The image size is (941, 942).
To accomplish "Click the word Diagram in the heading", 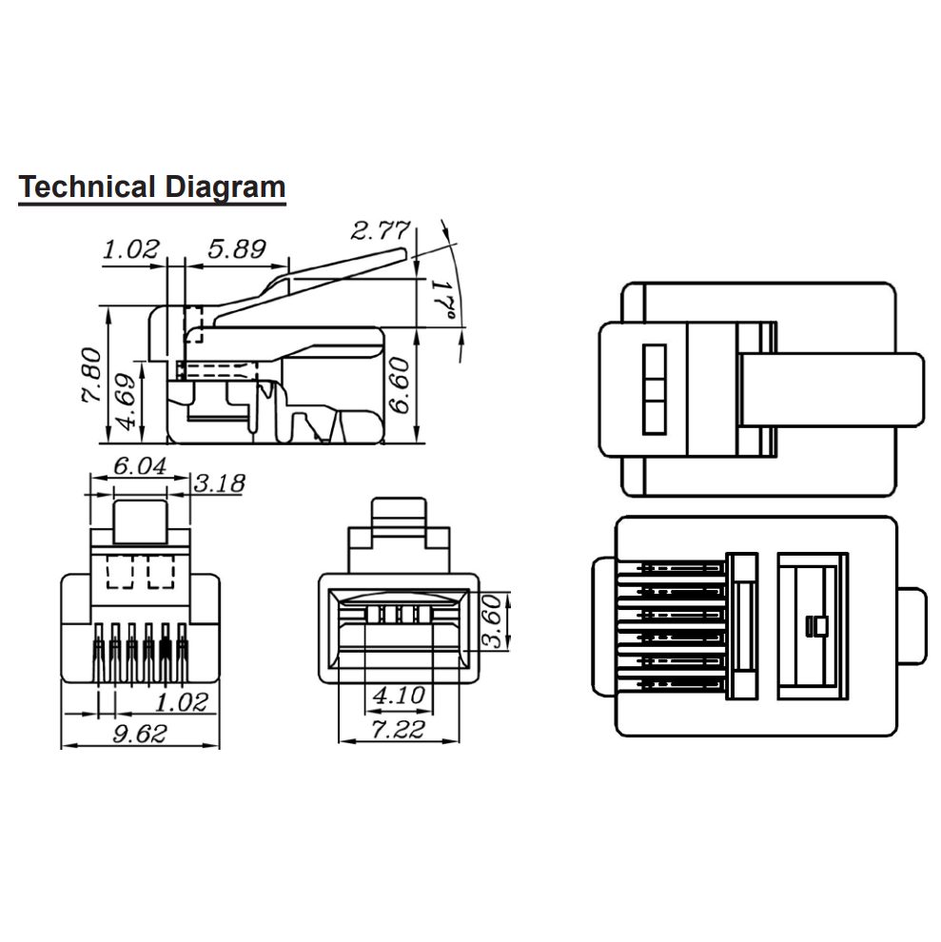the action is coord(225,188).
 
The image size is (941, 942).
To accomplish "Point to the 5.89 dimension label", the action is coord(237,248).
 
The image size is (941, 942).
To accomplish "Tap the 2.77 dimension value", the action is coord(381,230).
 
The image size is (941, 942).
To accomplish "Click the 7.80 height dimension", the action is coord(92,374).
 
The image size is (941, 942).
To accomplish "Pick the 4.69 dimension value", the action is coord(125,402).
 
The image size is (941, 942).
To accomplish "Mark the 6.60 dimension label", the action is coord(400,385).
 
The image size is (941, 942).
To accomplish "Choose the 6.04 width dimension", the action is coord(140,465).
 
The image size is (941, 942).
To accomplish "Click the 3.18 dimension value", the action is coord(220,482).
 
